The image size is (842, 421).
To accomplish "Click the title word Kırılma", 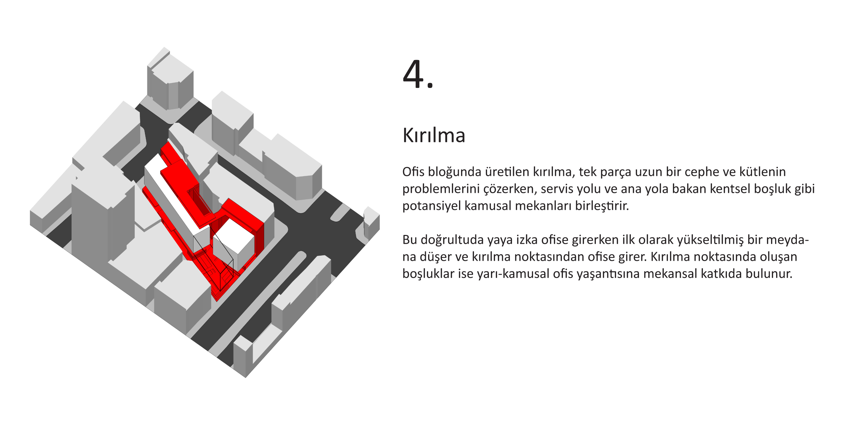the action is tap(434, 135).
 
